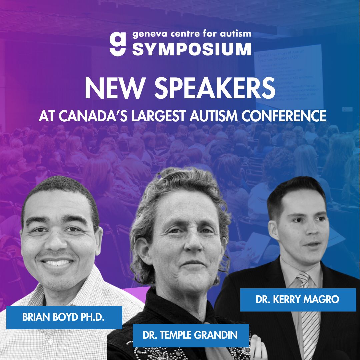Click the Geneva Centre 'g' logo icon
click(118, 43)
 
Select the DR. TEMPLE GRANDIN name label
click(190, 335)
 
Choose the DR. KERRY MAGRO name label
click(298, 299)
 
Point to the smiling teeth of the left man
click(58, 262)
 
